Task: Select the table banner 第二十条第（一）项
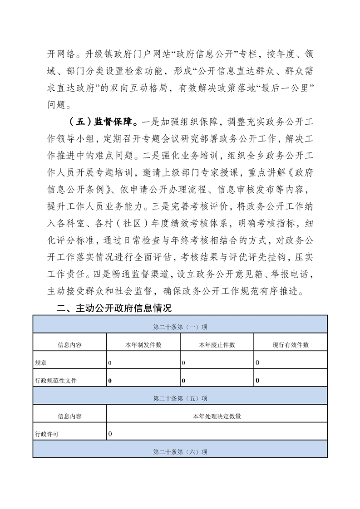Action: pyautogui.click(x=180, y=327)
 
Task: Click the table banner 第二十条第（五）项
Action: pyautogui.click(x=180, y=398)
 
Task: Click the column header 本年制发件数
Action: pyautogui.click(x=143, y=345)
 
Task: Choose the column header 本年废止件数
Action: pyautogui.click(x=217, y=345)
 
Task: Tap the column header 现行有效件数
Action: pyautogui.click(x=291, y=345)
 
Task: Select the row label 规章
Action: pyautogui.click(x=40, y=363)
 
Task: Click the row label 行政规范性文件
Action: pyautogui.click(x=56, y=381)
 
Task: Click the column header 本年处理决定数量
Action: pyautogui.click(x=217, y=416)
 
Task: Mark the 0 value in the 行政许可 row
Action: pyautogui.click(x=110, y=434)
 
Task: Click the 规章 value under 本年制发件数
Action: pyautogui.click(x=110, y=363)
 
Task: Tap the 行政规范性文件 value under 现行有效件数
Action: pyautogui.click(x=257, y=381)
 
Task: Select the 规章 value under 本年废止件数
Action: pyautogui.click(x=183, y=363)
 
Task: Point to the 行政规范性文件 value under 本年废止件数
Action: pyautogui.click(x=183, y=381)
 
